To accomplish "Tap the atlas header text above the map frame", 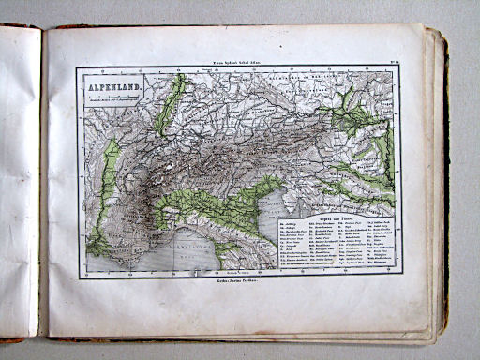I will pyautogui.click(x=239, y=59).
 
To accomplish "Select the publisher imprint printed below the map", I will pyautogui.click(x=238, y=281).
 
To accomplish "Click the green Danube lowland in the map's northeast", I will pyautogui.click(x=361, y=117).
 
